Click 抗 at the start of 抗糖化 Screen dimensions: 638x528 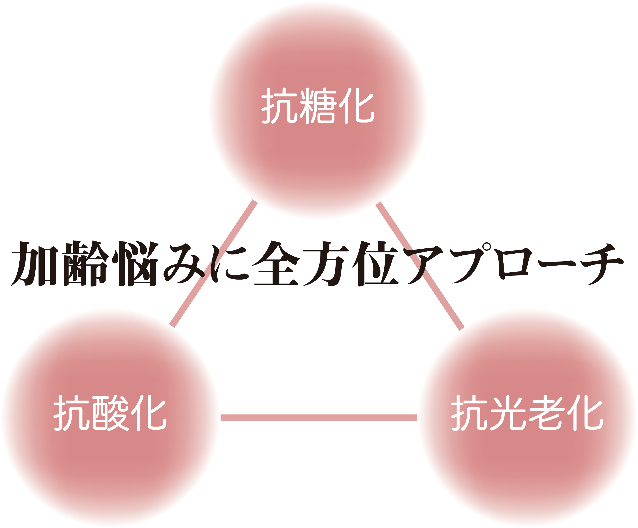279,106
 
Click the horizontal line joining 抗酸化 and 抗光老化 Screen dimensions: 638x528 319,418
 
